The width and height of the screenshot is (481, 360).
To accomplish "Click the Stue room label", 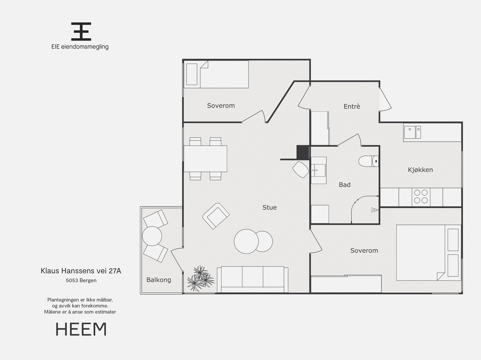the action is click(270, 207).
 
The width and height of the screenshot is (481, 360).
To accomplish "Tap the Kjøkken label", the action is click(420, 170).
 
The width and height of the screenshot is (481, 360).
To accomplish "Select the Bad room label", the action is click(345, 185).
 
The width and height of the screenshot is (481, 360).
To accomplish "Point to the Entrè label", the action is click(352, 106).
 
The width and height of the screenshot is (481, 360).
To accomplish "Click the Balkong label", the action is click(159, 280).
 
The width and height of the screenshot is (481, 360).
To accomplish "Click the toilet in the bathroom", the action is click(369, 161).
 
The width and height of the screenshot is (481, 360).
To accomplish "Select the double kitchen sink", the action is click(412, 132).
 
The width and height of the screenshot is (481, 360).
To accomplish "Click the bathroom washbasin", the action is click(319, 170).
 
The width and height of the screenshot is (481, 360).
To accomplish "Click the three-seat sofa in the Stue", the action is click(253, 279).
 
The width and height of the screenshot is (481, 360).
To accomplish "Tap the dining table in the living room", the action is click(205, 159).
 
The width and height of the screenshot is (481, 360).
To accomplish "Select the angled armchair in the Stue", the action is click(216, 216).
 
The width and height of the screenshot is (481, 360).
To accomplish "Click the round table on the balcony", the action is click(152, 236).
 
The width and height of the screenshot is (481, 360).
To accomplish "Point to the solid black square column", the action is click(303, 152).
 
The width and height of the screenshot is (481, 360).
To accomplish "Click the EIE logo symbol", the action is click(81, 32).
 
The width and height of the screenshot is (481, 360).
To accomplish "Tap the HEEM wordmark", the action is click(81, 329).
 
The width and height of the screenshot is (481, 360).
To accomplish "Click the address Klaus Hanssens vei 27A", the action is click(81, 271).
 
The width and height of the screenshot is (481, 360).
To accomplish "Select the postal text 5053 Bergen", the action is click(81, 280).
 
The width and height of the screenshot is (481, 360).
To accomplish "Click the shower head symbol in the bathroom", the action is click(375, 210).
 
